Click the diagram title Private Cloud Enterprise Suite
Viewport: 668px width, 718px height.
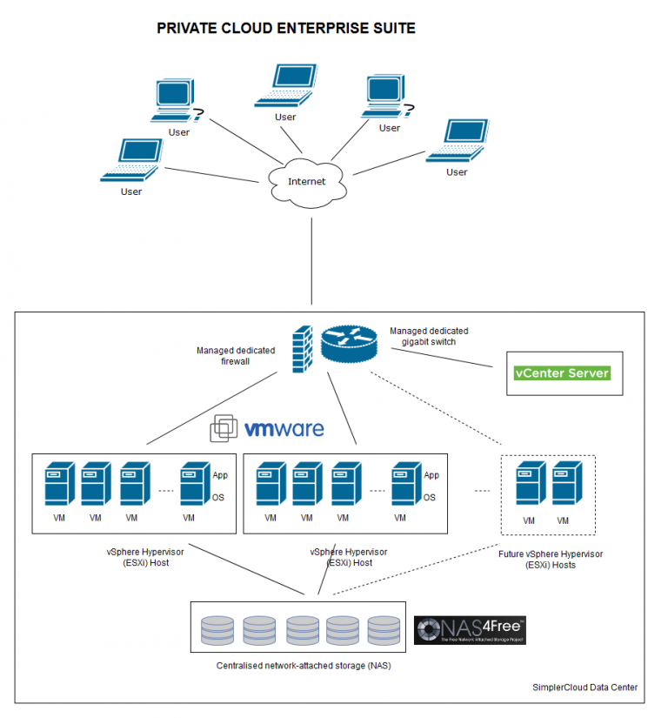click(x=285, y=29)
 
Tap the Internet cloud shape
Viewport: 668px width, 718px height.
click(x=306, y=181)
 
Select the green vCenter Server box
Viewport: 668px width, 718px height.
click(x=562, y=373)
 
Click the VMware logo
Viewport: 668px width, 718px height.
click(x=268, y=428)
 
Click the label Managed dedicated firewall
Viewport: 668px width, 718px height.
click(x=236, y=356)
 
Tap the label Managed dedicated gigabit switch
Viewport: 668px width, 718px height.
click(x=428, y=337)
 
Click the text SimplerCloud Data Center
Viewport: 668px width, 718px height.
click(x=584, y=688)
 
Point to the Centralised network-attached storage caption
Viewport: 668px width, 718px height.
click(x=304, y=666)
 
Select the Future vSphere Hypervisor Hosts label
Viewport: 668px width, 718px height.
click(x=550, y=559)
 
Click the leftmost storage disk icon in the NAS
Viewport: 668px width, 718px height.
click(x=217, y=630)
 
